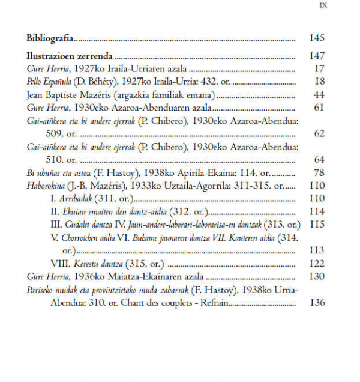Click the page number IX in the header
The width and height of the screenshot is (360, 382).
pyautogui.click(x=321, y=7)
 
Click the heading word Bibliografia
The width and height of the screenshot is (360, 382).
pyautogui.click(x=50, y=38)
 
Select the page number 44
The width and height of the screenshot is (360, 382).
pyautogui.click(x=319, y=95)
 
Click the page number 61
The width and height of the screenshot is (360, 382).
pyautogui.click(x=319, y=108)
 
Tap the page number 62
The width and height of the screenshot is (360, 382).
pyautogui.click(x=319, y=133)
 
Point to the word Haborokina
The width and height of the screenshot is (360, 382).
pyautogui.click(x=47, y=186)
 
